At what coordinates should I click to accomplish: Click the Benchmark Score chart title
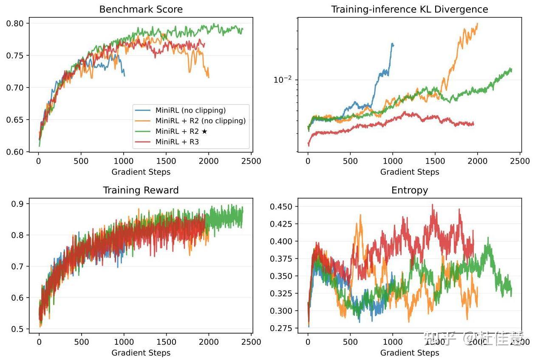[x=141, y=9]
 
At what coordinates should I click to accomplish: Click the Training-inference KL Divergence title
[x=409, y=9]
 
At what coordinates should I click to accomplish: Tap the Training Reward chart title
[x=141, y=190]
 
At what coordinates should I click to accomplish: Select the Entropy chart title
[x=409, y=190]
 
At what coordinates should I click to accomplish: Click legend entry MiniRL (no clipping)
[x=190, y=110]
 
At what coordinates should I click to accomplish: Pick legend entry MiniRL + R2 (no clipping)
[x=200, y=121]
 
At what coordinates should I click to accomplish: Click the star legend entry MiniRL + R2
[x=181, y=131]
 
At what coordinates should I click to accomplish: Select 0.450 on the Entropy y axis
[x=280, y=207]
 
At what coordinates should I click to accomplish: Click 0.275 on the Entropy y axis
[x=280, y=328]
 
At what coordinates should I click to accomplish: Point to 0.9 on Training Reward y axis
[x=18, y=204]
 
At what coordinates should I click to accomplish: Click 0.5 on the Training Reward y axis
[x=18, y=329]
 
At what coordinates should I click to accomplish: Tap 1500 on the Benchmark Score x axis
[x=166, y=162]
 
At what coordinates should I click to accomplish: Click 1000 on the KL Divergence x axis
[x=393, y=162]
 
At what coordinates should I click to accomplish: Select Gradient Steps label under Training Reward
[x=141, y=353]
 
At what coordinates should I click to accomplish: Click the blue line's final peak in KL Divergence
[x=392, y=44]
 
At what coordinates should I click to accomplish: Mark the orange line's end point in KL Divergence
[x=478, y=23]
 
